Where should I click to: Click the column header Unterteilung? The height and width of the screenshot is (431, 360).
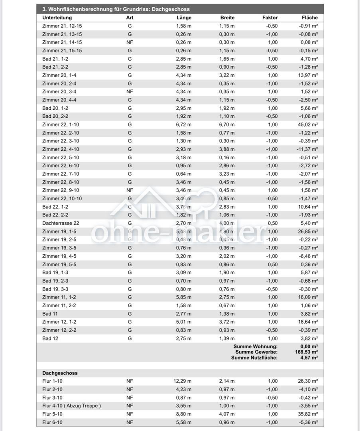57,18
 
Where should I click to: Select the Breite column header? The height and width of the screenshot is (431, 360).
227,18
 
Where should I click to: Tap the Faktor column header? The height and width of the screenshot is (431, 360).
270,18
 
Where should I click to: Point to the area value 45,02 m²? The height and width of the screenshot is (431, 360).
308,125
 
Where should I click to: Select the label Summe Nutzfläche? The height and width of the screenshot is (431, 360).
254,358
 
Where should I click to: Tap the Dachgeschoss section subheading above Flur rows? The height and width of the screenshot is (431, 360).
60,373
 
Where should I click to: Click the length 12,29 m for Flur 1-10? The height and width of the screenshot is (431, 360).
182,381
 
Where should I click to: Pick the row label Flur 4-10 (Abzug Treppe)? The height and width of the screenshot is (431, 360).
71,406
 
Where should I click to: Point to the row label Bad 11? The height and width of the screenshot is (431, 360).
50,314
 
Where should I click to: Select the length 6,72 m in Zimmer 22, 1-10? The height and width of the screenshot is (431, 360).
183,125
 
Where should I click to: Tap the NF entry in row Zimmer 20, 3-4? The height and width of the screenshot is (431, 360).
130,92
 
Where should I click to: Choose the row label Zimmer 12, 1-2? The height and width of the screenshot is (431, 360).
59,322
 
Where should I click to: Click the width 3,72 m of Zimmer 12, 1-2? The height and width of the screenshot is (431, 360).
227,322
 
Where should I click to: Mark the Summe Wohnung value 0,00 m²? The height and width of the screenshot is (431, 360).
309,346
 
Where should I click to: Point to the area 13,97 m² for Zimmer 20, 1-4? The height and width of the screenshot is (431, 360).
308,75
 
